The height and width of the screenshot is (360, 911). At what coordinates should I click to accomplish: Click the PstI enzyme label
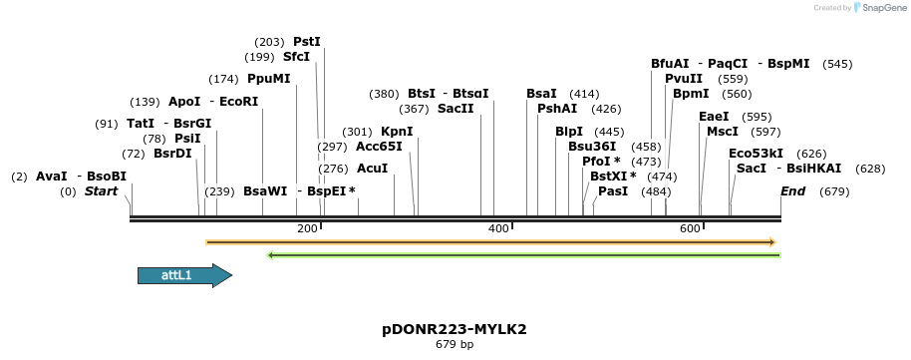(x=306, y=42)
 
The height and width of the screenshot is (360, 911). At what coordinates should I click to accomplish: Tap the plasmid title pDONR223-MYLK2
(x=455, y=329)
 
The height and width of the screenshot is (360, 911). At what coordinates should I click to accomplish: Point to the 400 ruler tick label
(x=498, y=229)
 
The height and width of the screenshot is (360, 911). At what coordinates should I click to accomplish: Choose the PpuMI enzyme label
(x=268, y=79)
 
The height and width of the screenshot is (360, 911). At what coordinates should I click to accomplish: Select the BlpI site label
(x=569, y=132)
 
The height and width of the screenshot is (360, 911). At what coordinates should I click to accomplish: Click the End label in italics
(x=792, y=191)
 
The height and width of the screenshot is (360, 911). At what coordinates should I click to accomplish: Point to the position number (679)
(x=833, y=191)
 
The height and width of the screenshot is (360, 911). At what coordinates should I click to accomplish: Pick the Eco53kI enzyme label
(x=756, y=154)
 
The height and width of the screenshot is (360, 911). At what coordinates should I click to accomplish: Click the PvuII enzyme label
(x=684, y=79)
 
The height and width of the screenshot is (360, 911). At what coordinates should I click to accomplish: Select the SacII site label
(x=455, y=109)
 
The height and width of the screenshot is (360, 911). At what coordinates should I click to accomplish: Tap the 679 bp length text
(x=455, y=345)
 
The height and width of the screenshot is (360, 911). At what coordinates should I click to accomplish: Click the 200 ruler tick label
(x=307, y=229)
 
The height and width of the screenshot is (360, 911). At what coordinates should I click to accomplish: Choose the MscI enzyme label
(x=723, y=132)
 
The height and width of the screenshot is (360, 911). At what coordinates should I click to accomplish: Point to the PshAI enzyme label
(x=557, y=109)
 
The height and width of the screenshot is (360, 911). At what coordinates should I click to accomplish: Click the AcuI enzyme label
(x=372, y=169)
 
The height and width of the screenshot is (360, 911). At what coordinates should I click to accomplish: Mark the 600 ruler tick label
(x=691, y=229)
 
